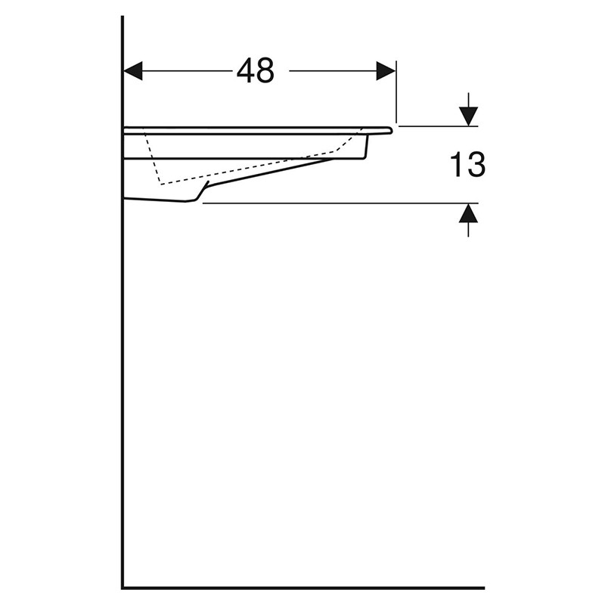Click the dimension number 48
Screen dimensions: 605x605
point(256,71)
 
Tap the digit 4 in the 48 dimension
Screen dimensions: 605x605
point(245,71)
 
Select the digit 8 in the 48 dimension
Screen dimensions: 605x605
point(265,71)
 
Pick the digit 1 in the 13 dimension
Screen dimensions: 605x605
point(458,165)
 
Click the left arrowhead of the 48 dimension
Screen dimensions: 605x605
point(133,71)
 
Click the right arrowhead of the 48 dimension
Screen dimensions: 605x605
point(386,71)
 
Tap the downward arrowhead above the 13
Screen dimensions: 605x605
point(468,116)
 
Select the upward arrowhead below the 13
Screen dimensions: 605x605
point(468,213)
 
